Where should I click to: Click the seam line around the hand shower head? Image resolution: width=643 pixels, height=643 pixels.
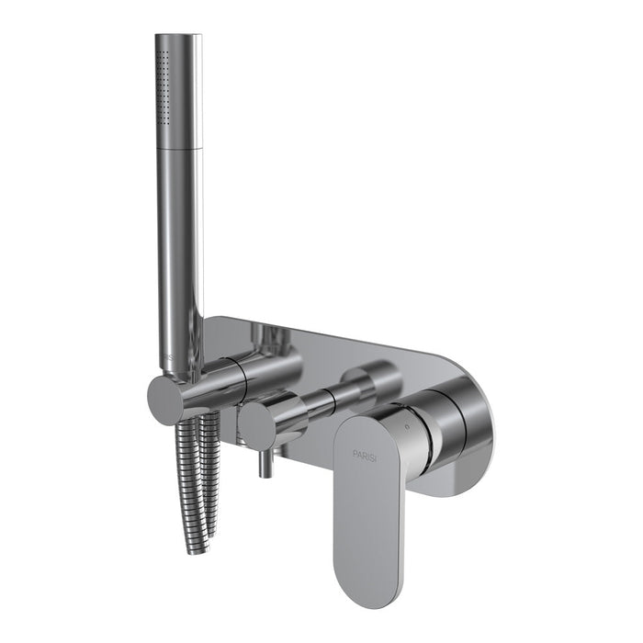coord(177,148)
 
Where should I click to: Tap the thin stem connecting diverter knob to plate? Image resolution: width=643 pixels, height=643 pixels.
coord(312,408)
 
